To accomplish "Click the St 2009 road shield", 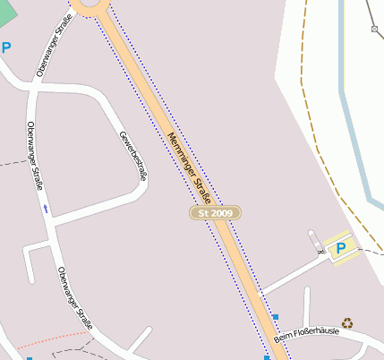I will [x=216, y=213].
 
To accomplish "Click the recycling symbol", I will [x=347, y=322].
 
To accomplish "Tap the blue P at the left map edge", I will [x=6, y=47].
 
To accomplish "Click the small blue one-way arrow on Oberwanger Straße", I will [x=46, y=209].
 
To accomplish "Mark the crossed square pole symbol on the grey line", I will [x=374, y=29].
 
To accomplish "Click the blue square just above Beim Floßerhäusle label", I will [x=276, y=317].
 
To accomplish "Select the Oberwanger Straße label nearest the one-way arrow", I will [x=35, y=156].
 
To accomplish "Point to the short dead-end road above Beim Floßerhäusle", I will [x=307, y=304].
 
